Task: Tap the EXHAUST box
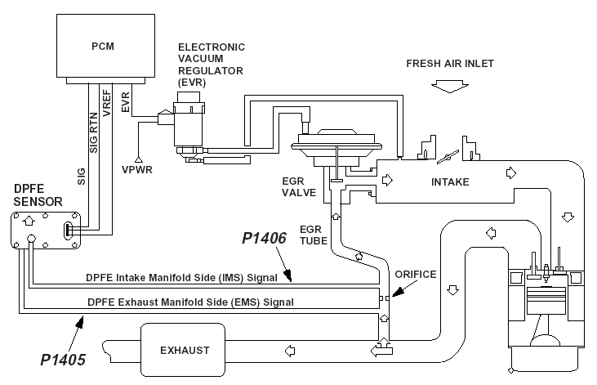[185, 350]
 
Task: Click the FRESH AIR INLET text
[450, 64]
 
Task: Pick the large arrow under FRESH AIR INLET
[450, 85]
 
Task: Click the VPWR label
[139, 169]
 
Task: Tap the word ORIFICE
[415, 275]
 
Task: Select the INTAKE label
[450, 181]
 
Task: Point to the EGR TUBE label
[314, 235]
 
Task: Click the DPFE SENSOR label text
[30, 195]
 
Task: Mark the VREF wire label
[107, 106]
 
